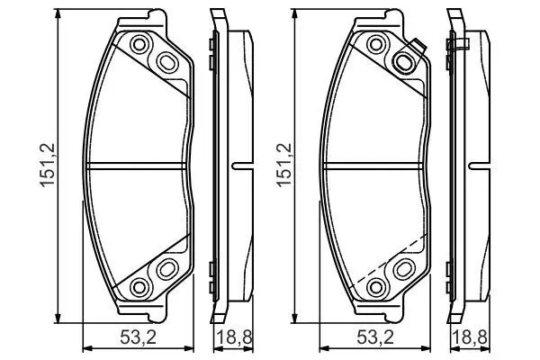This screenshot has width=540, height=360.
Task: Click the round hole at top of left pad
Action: [x=139, y=44]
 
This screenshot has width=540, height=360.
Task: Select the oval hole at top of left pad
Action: [x=168, y=61]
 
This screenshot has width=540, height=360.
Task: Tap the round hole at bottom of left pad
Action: [x=139, y=286]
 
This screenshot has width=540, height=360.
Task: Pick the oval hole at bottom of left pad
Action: [x=167, y=268]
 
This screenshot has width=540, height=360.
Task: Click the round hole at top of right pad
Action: [x=375, y=44]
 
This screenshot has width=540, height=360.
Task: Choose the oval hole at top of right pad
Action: [x=404, y=61]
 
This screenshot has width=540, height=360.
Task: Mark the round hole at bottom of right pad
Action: [x=375, y=286]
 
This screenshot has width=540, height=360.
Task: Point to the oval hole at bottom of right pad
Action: [x=403, y=268]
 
